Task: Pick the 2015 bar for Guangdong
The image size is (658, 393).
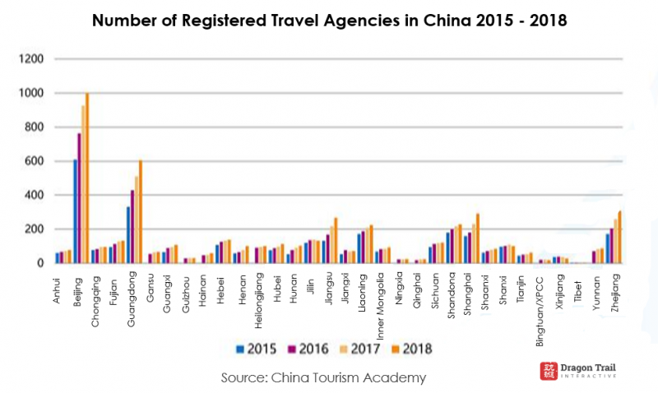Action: pos(128,235)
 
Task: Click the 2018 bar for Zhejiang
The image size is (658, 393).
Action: pos(619,238)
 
